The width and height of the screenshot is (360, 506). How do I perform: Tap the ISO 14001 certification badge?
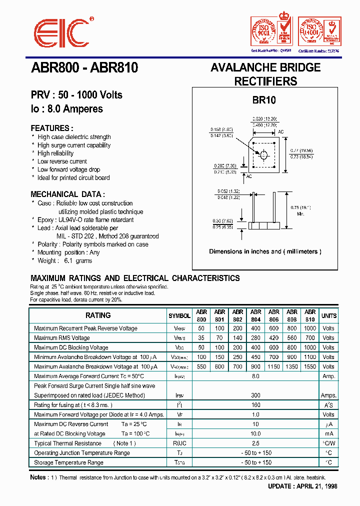(318, 32)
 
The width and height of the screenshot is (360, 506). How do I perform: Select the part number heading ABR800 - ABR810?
(84, 68)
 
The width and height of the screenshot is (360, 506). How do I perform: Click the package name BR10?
(263, 100)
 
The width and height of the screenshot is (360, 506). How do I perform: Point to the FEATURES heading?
(52, 128)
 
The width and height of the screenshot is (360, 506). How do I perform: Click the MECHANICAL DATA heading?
(67, 194)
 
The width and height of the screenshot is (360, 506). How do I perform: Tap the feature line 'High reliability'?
(55, 153)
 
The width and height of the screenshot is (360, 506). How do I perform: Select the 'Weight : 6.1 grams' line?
(64, 260)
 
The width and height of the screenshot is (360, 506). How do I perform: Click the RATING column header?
(98, 315)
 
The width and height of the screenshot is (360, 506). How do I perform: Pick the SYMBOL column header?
(179, 316)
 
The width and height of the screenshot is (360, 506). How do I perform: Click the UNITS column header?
(328, 316)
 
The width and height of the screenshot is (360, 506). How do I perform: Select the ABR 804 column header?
(255, 315)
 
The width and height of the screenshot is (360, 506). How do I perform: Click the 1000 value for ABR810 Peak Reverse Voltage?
(310, 328)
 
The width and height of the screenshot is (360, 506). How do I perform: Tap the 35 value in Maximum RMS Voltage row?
(201, 338)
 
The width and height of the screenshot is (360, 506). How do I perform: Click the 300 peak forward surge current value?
(255, 395)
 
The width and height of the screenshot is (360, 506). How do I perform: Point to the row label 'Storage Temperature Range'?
(68, 462)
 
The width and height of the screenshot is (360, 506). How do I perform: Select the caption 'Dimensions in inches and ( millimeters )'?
(265, 251)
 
